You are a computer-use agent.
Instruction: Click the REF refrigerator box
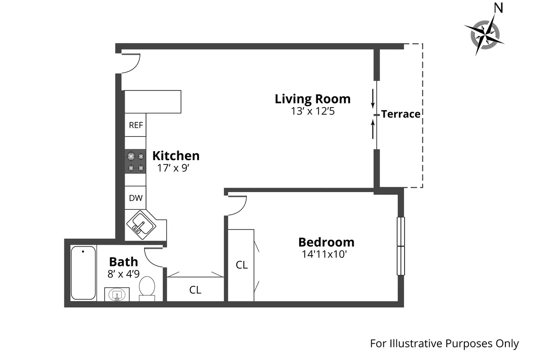(x=135, y=125)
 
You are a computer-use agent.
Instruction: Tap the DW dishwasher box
(x=135, y=198)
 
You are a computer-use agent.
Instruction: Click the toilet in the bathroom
(x=147, y=288)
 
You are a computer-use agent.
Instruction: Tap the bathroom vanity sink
(x=117, y=295)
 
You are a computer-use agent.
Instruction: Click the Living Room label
(x=312, y=99)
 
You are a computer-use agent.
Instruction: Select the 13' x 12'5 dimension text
(x=312, y=111)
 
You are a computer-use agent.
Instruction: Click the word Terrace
(x=400, y=114)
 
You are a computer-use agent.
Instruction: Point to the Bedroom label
(x=326, y=242)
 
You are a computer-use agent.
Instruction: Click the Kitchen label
(x=175, y=156)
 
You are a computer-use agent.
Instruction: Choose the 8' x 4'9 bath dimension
(x=123, y=274)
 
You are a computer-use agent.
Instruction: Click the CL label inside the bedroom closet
(x=242, y=265)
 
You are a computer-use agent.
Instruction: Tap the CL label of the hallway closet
(x=195, y=290)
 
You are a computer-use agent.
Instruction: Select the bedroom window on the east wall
(x=400, y=246)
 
